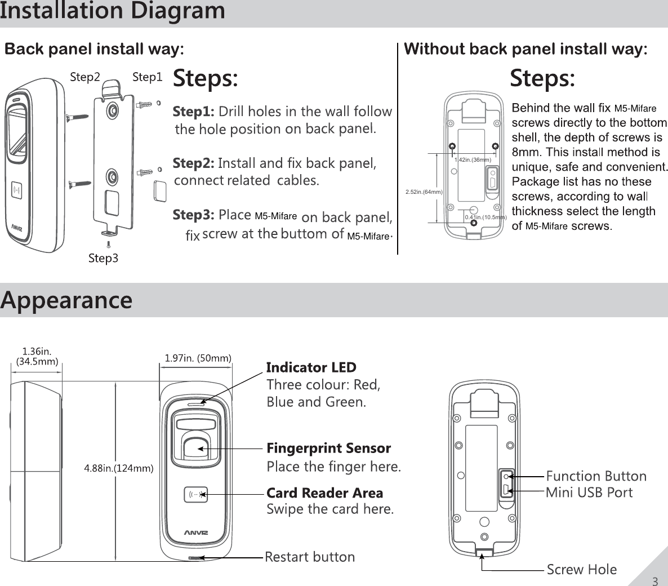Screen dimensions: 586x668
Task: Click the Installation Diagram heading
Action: (113, 11)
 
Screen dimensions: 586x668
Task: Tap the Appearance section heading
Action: (66, 300)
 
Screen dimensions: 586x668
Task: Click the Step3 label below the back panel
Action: (104, 259)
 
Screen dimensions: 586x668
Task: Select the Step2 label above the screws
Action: (85, 77)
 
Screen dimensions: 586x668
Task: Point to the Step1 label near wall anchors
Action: (147, 77)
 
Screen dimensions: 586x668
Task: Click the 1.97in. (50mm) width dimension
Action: (198, 358)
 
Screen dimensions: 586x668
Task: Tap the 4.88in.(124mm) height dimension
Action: (119, 468)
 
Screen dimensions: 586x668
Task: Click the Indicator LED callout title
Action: (311, 368)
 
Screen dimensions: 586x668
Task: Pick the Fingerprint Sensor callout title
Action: (328, 449)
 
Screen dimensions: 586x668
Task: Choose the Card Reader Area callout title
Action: (324, 493)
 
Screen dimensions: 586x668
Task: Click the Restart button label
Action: (310, 557)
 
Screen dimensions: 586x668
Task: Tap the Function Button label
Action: (596, 476)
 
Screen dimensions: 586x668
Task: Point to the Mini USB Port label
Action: (589, 492)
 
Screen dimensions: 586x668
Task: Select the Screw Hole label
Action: (582, 570)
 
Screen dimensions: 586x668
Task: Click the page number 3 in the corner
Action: (654, 581)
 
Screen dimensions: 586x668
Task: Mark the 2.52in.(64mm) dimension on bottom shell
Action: (424, 192)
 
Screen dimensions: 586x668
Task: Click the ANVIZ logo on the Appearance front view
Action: (197, 532)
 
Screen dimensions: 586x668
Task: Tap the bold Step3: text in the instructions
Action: (194, 215)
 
